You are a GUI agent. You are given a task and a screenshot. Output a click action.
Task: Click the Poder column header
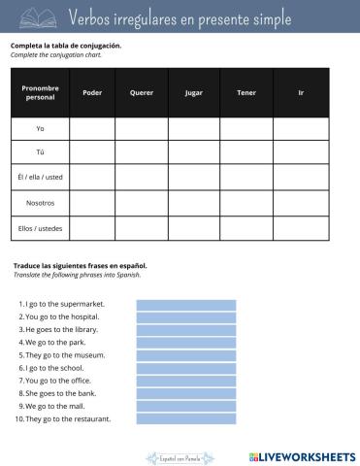point(92,93)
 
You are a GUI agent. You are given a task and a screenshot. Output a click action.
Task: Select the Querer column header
point(142,93)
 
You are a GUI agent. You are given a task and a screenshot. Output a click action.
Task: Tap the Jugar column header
point(193,93)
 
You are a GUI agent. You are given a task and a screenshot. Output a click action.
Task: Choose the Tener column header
point(245,93)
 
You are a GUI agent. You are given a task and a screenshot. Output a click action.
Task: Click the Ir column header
point(301,93)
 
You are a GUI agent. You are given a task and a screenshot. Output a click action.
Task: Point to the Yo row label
point(40,129)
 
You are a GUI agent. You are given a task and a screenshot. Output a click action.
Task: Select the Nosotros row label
point(40,203)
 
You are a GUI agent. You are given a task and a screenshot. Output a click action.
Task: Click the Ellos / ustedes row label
point(40,228)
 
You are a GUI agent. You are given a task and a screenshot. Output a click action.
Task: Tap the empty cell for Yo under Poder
point(92,129)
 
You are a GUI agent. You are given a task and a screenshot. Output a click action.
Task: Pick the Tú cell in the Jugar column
point(193,153)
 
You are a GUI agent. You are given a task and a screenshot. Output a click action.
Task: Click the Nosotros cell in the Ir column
point(301,203)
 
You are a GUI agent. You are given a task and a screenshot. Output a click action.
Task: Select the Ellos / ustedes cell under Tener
point(245,228)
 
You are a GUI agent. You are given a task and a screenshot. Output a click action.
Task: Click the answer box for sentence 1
point(186,304)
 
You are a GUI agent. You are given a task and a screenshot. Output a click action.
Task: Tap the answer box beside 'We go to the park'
point(186,343)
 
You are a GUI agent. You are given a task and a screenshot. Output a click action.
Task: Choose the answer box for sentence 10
point(186,419)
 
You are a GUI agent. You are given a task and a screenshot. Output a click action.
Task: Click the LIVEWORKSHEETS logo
point(302,455)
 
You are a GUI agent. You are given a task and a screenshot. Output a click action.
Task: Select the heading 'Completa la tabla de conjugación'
point(66,46)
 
